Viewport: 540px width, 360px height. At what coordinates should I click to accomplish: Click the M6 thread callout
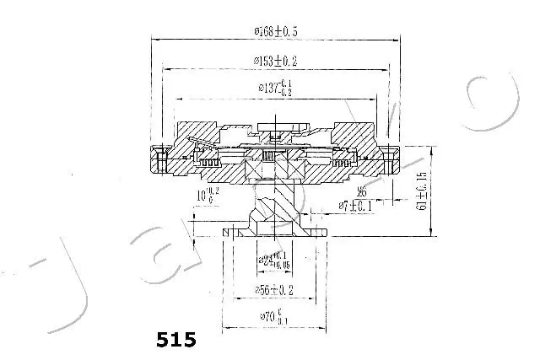pyautogui.click(x=360, y=191)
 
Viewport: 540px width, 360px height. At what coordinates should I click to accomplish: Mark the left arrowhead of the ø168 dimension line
pyautogui.click(x=154, y=40)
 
